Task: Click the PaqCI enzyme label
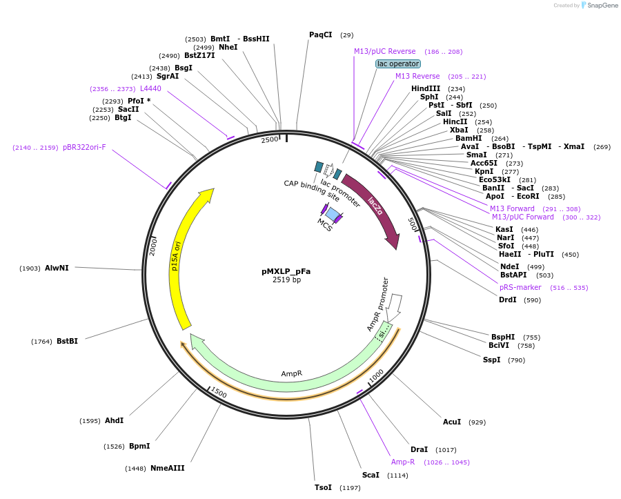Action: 320,35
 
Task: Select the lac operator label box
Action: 397,63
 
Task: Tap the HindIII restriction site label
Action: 425,88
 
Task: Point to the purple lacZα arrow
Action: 376,207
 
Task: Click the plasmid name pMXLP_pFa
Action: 286,271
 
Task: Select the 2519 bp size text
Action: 286,280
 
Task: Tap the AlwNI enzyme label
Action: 57,268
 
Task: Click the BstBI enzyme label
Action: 67,341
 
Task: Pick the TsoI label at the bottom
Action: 323,487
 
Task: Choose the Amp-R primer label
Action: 403,462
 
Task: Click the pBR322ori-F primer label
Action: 84,147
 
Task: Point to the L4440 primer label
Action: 150,88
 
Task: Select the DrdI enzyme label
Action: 507,300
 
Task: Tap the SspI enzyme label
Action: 491,360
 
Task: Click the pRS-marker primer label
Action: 520,287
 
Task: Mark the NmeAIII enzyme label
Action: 168,468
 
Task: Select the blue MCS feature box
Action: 333,215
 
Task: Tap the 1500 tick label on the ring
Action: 219,393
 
